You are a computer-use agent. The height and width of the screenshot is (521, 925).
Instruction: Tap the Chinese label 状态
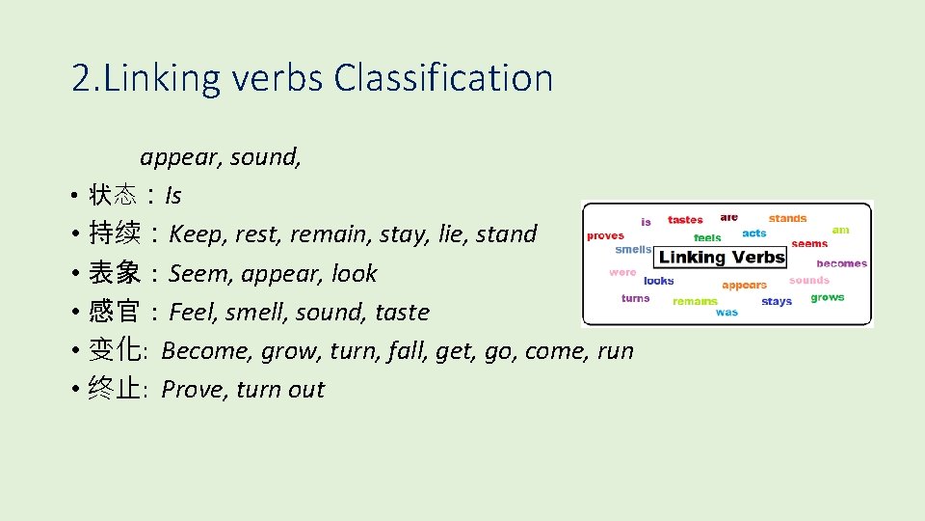[x=115, y=196]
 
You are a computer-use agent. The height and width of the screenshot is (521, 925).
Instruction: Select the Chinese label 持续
[x=115, y=234]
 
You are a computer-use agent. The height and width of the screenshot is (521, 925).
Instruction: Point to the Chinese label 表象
[x=115, y=274]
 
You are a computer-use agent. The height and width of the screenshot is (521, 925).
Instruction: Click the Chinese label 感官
[x=115, y=313]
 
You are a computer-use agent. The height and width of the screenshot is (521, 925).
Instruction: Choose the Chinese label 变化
[x=115, y=351]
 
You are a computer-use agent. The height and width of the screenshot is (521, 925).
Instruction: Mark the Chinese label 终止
[x=115, y=390]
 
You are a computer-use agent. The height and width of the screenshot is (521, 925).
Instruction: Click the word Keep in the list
[x=195, y=234]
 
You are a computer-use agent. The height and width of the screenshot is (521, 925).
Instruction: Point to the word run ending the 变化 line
[x=615, y=351]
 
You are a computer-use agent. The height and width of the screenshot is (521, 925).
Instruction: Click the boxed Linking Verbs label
[x=722, y=258]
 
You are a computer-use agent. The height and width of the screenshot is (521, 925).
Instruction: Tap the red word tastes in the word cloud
[x=685, y=220]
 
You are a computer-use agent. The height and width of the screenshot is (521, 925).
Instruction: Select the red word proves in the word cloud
[x=605, y=235]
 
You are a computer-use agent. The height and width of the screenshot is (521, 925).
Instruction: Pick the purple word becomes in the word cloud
[x=841, y=263]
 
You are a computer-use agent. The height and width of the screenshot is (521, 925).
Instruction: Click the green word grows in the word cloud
[x=827, y=297]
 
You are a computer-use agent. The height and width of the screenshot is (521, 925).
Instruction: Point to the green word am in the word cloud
[x=840, y=230]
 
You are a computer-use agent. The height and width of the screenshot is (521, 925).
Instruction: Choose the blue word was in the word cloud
[x=727, y=312]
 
